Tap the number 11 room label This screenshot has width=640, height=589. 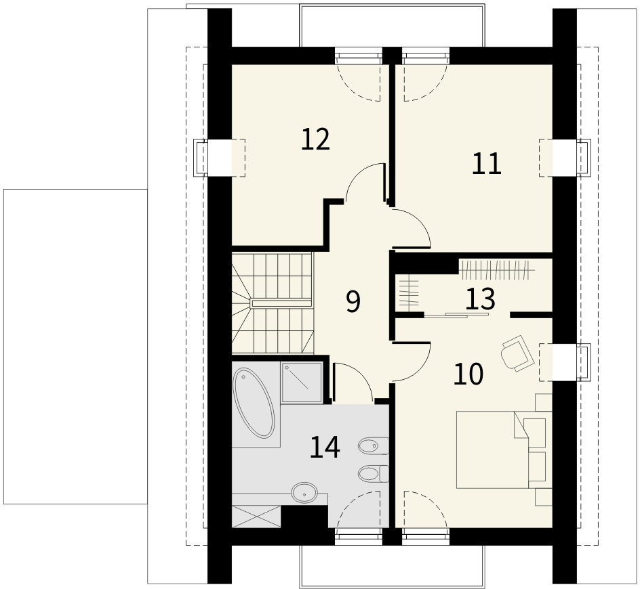pos(486,163)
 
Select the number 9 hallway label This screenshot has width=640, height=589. pos(353,302)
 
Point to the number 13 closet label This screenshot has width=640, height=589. pos(481,299)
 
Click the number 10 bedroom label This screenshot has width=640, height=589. pos(468,374)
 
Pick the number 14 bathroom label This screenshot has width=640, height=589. pos(325,447)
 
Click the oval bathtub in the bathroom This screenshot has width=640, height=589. pos(254,403)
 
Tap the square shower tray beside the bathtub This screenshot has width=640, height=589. pos(302,382)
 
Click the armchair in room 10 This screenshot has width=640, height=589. pos(517,353)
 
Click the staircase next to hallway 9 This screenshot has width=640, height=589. pos(273,303)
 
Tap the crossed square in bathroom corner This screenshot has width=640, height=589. pos(256,517)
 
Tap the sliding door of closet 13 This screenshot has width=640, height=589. pos(456,314)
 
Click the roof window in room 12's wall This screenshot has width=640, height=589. pos(220,158)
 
